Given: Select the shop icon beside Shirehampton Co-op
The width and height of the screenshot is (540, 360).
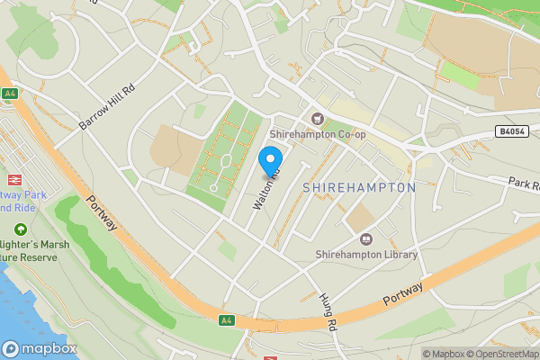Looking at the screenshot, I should coord(317,119).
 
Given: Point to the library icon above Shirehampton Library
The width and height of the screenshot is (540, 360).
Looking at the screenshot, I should coord(365,238).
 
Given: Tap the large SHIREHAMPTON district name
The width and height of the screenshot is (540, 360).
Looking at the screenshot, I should coord(359,187).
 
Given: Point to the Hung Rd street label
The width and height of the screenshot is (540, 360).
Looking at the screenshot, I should coord(327,311).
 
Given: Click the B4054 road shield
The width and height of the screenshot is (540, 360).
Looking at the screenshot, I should coord(511,131).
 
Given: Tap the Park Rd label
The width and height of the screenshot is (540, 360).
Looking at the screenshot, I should coord(523,184).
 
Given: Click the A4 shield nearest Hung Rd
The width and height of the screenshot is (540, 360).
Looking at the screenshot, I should coord(227,319).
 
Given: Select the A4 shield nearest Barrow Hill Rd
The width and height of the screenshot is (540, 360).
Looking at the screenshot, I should coord(10,93).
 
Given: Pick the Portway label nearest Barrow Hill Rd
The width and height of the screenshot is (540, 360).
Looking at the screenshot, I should coord(102,212).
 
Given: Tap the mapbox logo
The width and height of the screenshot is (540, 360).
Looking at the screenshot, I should coord(40,348).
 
